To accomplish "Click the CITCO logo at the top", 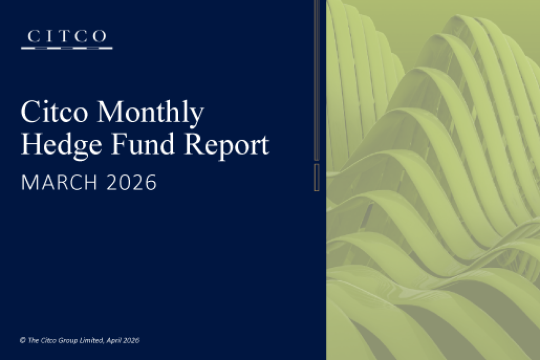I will (x=66, y=39).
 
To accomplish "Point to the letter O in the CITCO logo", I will (x=99, y=36).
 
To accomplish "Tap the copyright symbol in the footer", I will (x=22, y=340).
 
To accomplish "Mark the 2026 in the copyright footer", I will (x=132, y=340).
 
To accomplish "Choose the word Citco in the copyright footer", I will (x=47, y=340).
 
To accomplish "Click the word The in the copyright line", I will (x=32, y=340).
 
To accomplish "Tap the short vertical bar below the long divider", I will (x=316, y=177).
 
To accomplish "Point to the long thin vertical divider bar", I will (x=316, y=79).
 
